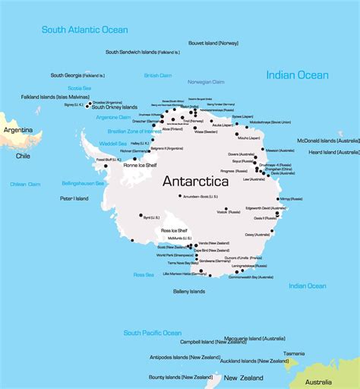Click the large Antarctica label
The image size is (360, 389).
[x=200, y=182]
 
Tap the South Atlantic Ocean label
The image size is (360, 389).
[x=84, y=30]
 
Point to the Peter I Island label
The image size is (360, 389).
[x=71, y=198]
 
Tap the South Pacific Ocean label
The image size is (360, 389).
[x=153, y=333]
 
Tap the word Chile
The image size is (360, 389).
[x=24, y=156]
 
